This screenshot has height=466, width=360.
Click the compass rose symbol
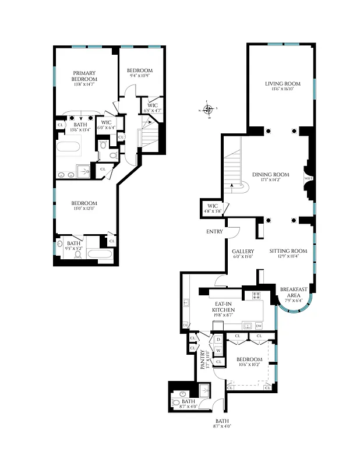[209, 109]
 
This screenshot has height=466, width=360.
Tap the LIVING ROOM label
[281, 84]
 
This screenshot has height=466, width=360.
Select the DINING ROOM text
[271, 174]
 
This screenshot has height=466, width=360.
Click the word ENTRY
[214, 231]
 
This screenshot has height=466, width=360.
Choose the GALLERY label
[243, 251]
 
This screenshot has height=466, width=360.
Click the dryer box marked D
[218, 340]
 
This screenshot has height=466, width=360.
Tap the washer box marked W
[218, 349]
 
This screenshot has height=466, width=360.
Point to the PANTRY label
[204, 360]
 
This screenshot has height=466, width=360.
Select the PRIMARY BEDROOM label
[84, 76]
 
